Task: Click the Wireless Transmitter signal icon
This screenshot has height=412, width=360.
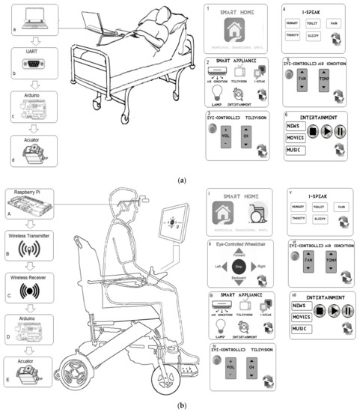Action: point(29,248)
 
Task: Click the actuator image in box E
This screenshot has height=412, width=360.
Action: point(29,372)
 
